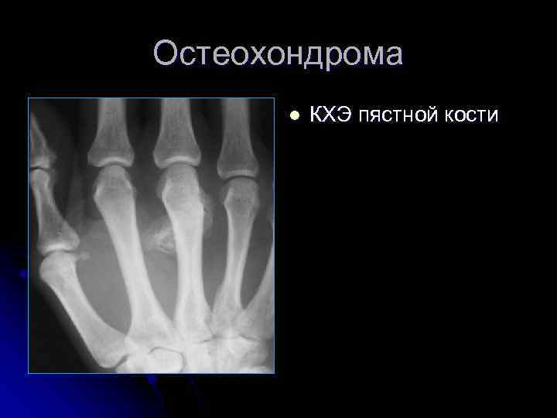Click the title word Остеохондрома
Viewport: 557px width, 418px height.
[278, 55]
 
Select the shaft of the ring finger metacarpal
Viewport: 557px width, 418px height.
[230, 263]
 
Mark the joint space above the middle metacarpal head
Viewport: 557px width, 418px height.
[176, 165]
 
